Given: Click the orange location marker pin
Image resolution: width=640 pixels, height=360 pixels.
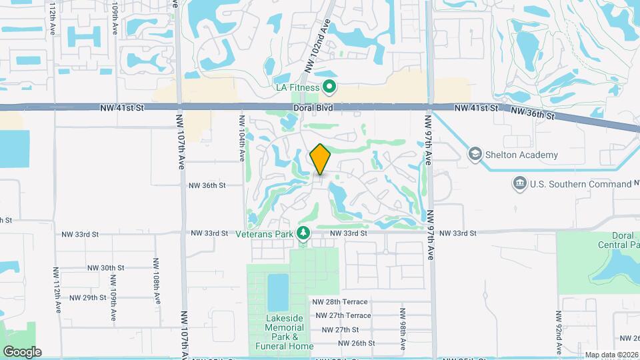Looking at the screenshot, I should coord(321,159).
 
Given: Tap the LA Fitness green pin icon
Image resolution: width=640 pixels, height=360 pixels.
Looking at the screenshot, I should coord(329,86).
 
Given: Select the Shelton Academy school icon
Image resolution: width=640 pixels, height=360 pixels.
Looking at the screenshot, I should coord(475,155).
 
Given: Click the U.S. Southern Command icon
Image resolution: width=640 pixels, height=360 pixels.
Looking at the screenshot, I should coord(519,183).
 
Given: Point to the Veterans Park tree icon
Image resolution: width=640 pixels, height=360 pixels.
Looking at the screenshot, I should coord(303,233).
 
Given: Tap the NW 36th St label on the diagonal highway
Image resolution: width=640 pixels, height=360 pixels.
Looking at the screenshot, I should coord(533,113).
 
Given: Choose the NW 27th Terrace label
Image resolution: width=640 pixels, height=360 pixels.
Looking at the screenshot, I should coord(343,315).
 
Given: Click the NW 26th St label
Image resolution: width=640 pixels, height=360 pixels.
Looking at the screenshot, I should coord(357,343).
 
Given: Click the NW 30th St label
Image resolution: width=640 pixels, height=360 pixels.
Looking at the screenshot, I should coord(105,267).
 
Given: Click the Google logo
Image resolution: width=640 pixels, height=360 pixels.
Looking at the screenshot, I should coord(22,351).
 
